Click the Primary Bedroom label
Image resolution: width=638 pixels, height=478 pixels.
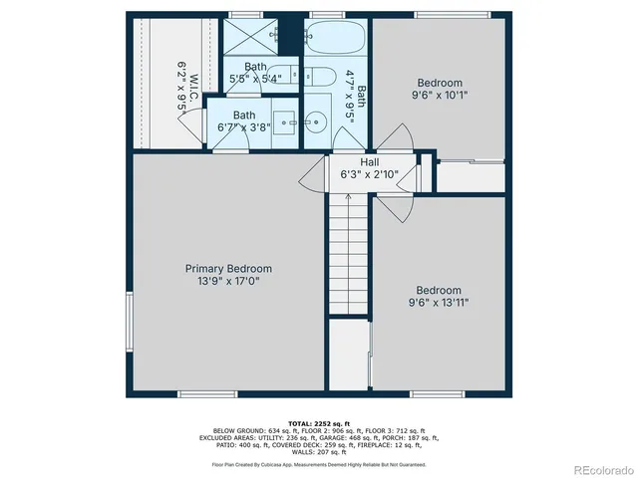[228, 269]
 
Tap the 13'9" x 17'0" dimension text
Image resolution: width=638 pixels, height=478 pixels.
[228, 282]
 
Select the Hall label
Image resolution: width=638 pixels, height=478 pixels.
[369, 162]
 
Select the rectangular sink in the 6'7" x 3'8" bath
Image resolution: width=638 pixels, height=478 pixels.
[285, 123]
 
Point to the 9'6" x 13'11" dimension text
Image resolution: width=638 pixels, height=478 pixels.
[439, 301]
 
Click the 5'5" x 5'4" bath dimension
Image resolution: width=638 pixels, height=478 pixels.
[255, 78]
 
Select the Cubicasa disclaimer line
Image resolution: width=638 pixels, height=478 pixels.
[318, 464]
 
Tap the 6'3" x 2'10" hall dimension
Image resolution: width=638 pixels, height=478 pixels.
[369, 175]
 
